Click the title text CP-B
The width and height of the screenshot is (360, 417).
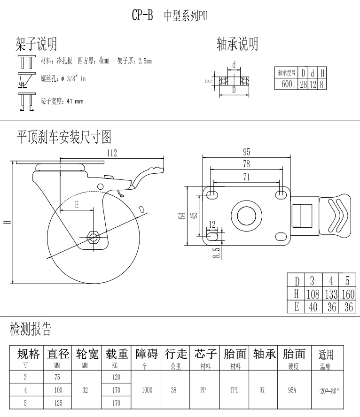pos(142,15)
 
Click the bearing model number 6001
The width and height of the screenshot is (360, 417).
pos(288,84)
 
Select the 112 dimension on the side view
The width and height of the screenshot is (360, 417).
pos(111,153)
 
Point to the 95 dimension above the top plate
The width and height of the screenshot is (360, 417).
pos(246,151)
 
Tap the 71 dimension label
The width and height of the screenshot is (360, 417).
pos(246,177)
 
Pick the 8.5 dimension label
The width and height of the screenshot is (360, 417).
pos(216,253)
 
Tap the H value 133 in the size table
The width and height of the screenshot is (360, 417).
pos(331,294)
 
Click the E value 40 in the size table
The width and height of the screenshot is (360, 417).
pos(312,307)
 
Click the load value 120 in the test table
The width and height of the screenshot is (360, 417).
pos(116,377)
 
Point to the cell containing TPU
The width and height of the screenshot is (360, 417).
pos(235,390)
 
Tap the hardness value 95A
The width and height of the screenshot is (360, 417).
pos(293,390)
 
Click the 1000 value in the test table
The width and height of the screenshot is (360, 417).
pos(146,390)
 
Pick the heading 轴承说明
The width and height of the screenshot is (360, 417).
pos(237,45)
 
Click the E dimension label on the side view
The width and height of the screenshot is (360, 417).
pos(77,205)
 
